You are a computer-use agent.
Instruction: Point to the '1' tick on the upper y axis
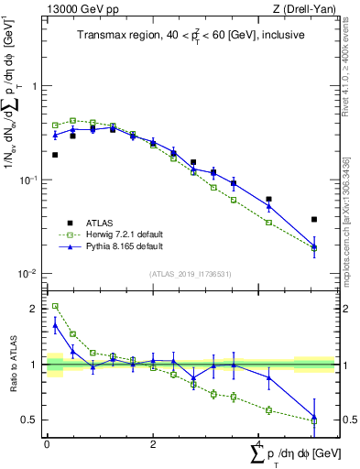click(x=35, y=86)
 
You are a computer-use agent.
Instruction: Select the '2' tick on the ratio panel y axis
click(x=35, y=309)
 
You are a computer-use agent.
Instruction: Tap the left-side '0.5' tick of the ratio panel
click(x=30, y=420)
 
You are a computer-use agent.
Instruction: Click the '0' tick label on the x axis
click(x=47, y=443)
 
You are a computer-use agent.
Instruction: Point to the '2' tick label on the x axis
click(x=152, y=443)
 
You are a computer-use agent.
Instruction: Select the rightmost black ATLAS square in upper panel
click(x=314, y=220)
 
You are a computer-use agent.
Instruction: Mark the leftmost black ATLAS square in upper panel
click(x=55, y=155)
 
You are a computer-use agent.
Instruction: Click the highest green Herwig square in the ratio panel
click(x=55, y=307)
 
